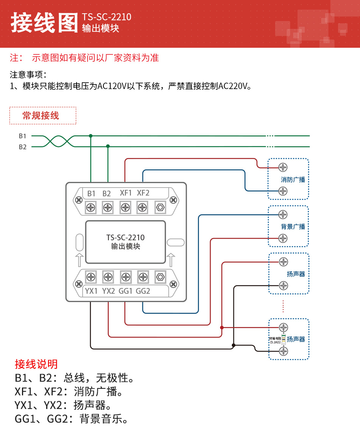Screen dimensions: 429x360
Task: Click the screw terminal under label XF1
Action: pos(125,207)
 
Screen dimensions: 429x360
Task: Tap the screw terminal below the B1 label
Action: pos(91,207)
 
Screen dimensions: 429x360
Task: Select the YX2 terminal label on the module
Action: pos(108,291)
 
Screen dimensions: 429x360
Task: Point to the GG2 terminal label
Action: pos(143,291)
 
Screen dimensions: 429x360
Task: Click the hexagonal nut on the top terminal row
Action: pos(160,207)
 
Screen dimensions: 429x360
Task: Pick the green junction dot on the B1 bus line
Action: pos(91,136)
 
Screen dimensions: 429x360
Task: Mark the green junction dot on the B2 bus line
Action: pos(108,146)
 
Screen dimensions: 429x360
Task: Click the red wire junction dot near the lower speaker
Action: pos(222,327)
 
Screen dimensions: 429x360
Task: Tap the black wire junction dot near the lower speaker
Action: pos(233,345)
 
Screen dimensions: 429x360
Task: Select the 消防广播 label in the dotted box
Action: pos(293,179)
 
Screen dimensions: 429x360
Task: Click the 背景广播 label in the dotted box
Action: pos(293,227)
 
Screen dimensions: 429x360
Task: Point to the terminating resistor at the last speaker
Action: pos(283,339)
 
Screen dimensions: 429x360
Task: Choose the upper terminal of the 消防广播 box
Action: pos(283,167)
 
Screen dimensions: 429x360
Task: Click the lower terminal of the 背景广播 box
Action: pos(283,238)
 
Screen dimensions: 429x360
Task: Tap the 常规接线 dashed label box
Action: pos(43,116)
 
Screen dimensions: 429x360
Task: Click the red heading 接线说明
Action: pos(36,364)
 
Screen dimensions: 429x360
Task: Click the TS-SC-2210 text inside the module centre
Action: pos(125,238)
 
